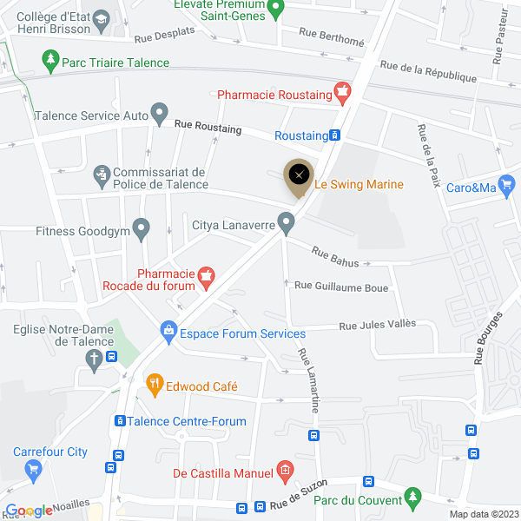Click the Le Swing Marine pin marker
click(x=299, y=175)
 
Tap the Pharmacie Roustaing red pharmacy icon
click(x=343, y=91)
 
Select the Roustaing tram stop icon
click(x=334, y=135)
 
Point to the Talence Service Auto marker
click(x=160, y=113)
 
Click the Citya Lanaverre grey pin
click(x=285, y=224)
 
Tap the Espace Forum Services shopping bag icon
click(x=168, y=331)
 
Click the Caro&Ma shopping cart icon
click(x=507, y=185)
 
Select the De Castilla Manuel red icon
click(x=283, y=472)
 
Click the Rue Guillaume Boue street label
click(x=340, y=286)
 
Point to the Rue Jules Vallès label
click(x=377, y=325)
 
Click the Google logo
click(x=29, y=511)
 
